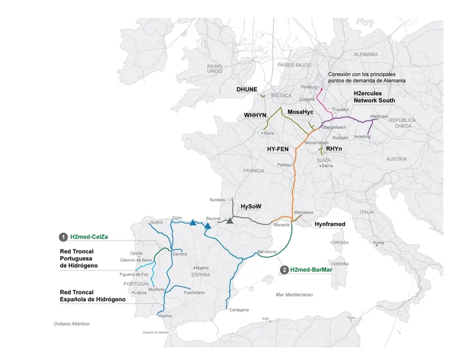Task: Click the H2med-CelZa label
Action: [x=89, y=237]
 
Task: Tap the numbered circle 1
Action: [x=63, y=237]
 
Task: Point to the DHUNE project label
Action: [x=247, y=90]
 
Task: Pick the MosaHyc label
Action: [x=301, y=112]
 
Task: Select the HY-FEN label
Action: [x=279, y=149]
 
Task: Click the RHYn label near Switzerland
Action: [x=334, y=149]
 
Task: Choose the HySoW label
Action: [x=251, y=206]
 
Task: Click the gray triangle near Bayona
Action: [x=230, y=220]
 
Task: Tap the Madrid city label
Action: [x=202, y=267]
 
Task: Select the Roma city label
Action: [x=378, y=242]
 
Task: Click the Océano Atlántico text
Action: [x=72, y=324]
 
